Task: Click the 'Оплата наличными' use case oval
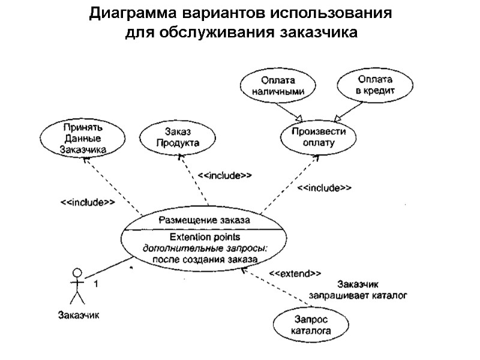point(274,86)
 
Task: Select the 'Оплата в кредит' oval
point(375,85)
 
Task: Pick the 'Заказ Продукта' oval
point(178,137)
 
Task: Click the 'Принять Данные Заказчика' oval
point(84,137)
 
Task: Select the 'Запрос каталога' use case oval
point(310,325)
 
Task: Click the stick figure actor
point(76,287)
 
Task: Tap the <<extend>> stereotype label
point(294,274)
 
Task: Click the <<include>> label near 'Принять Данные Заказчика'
point(88,202)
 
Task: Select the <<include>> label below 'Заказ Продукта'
point(224,175)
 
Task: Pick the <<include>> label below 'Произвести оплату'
point(325,188)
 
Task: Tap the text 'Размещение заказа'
point(204,220)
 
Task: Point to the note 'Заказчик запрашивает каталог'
point(358,290)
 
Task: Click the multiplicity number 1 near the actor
point(95,284)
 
